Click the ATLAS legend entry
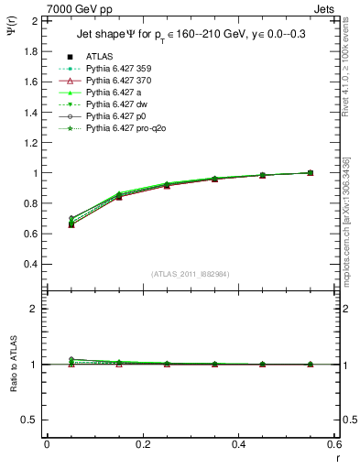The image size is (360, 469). pyautogui.click(x=98, y=56)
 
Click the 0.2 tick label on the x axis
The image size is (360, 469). pyautogui.click(x=142, y=444)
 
